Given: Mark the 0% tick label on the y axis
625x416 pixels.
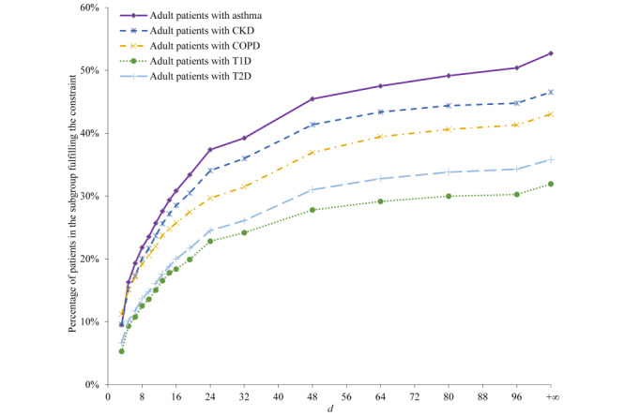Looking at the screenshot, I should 91,385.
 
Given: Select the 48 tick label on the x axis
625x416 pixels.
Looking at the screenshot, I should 312,397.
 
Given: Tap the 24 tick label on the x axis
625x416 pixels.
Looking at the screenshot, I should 210,397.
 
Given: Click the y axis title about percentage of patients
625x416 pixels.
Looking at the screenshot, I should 72,197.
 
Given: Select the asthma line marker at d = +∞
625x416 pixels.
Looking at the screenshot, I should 551,53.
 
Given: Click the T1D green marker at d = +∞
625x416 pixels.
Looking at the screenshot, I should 551,184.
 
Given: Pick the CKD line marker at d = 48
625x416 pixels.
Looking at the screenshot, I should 312,125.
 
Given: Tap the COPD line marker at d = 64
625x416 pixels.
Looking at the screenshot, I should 380,137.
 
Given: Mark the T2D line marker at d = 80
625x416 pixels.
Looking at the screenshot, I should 449,172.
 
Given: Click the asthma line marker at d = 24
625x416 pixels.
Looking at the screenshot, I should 210,150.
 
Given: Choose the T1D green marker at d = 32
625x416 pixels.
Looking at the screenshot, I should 244,232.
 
